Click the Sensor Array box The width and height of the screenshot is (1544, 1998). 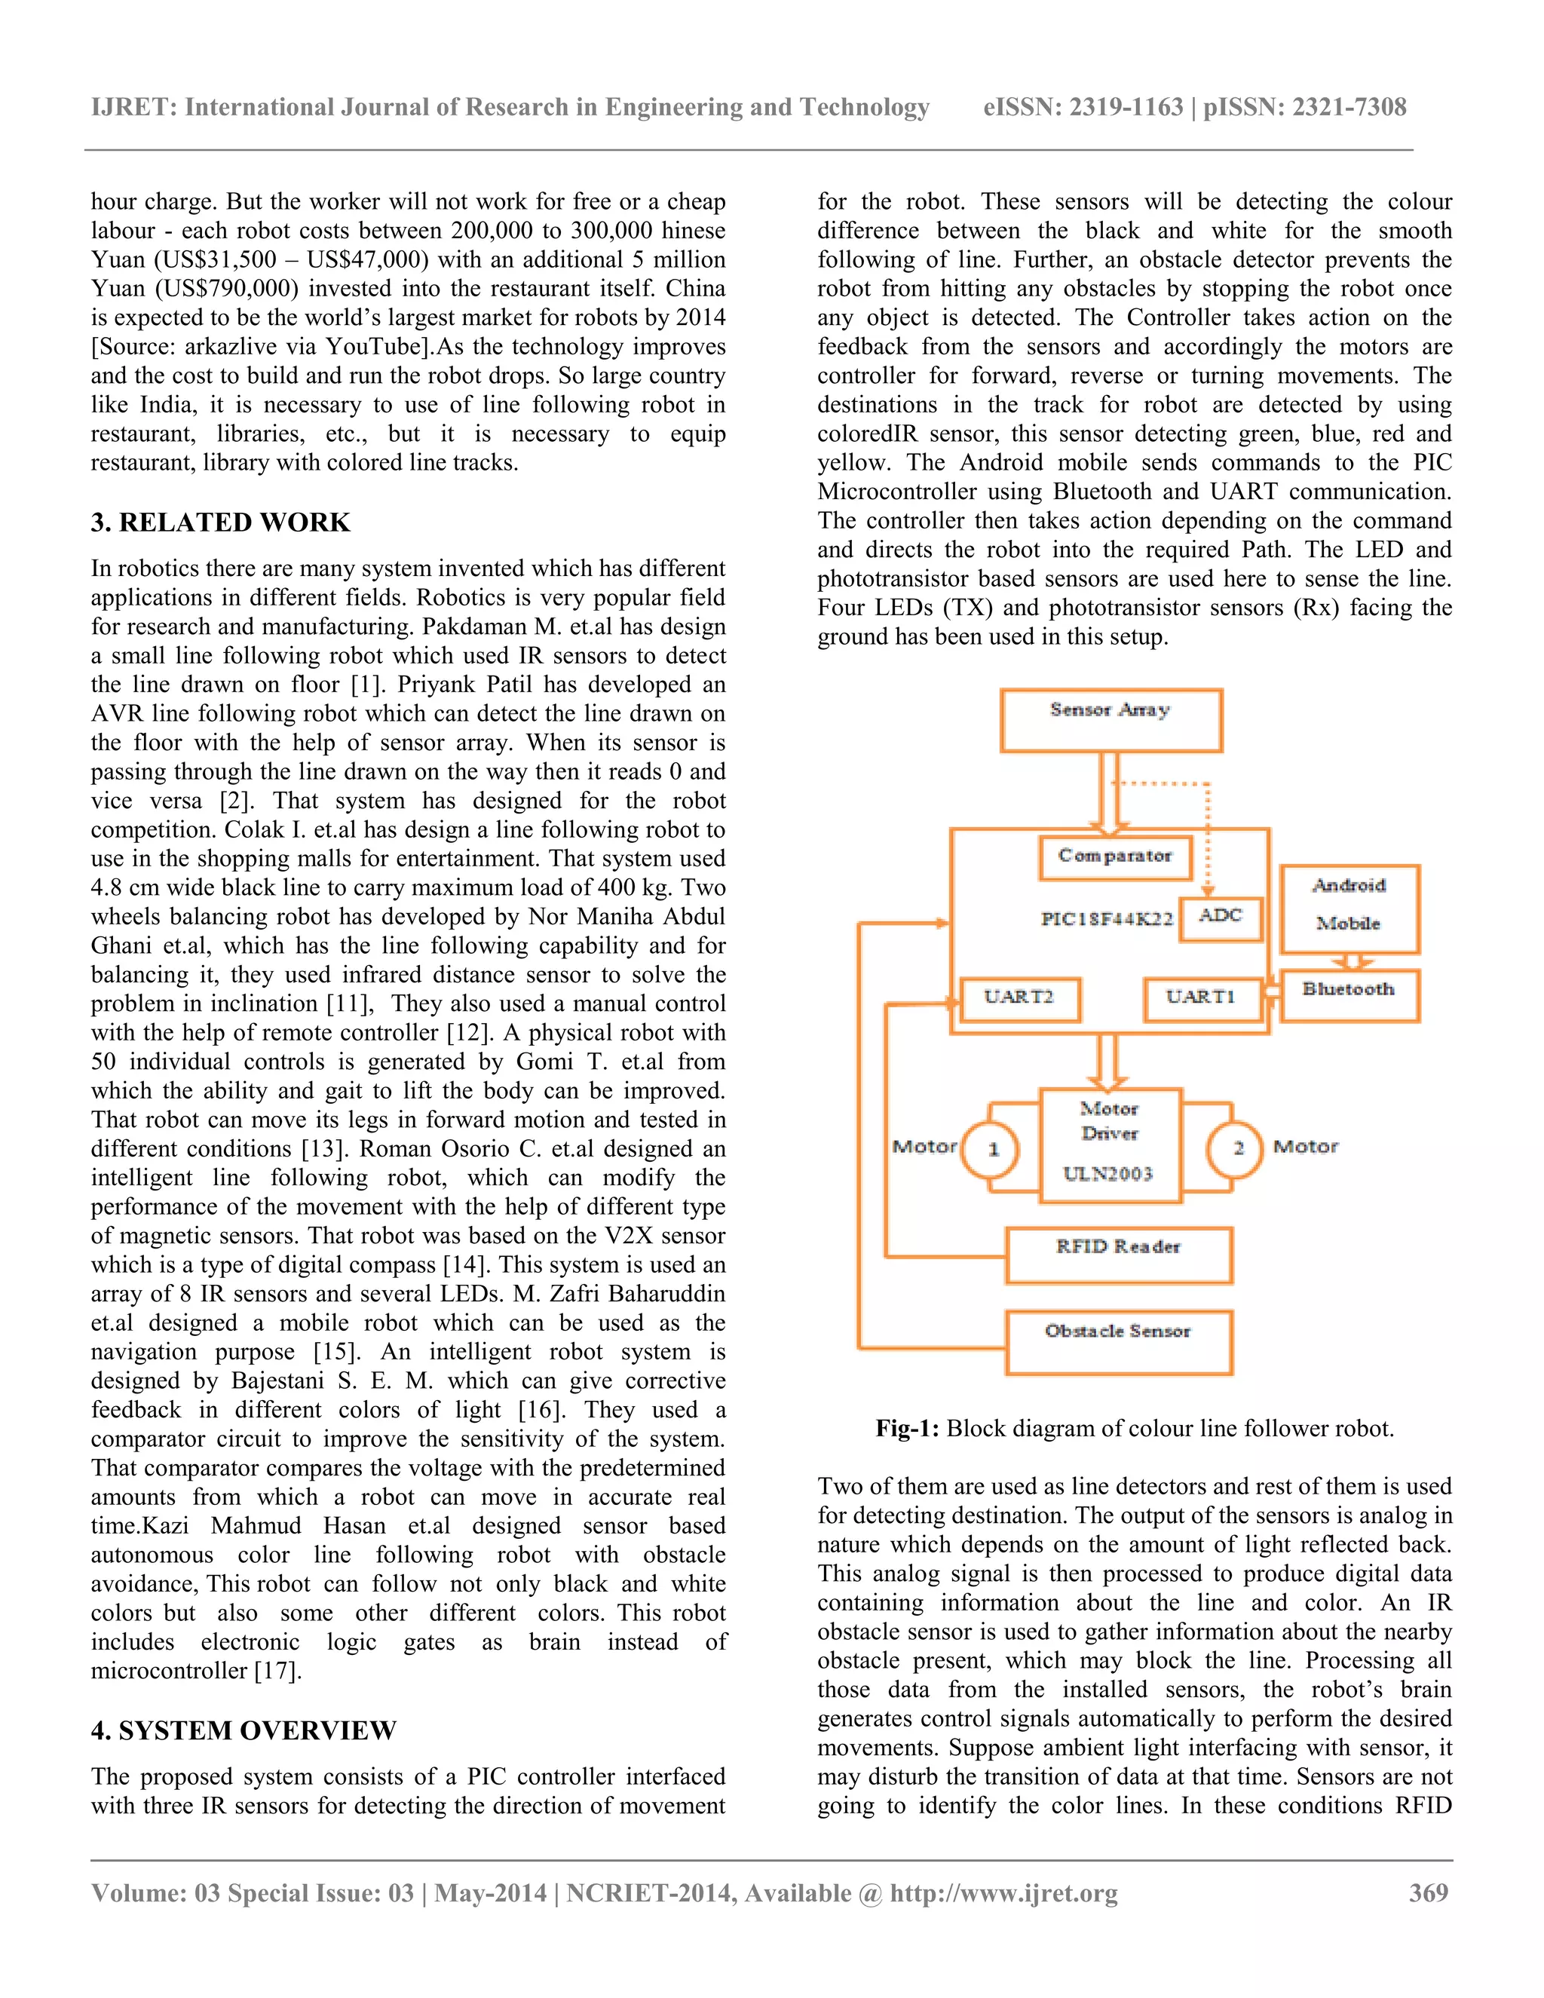pyautogui.click(x=1111, y=720)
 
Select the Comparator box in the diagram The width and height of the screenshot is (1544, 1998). pyautogui.click(x=1115, y=857)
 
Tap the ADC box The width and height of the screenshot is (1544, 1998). pyautogui.click(x=1221, y=918)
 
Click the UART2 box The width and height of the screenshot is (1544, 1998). pyautogui.click(x=1019, y=998)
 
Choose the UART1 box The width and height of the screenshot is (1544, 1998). pyautogui.click(x=1201, y=998)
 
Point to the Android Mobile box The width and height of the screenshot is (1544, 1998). pyautogui.click(x=1349, y=908)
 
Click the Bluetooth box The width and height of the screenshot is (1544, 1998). pyautogui.click(x=1349, y=994)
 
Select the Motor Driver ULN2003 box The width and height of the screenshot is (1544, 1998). pyautogui.click(x=1111, y=1144)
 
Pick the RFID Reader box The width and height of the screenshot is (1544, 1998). pyautogui.click(x=1119, y=1255)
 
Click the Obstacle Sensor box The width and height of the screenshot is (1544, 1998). pyautogui.click(x=1119, y=1341)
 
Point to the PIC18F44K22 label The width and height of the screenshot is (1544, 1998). pyautogui.click(x=1107, y=918)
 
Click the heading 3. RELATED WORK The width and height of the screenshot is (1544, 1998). pyautogui.click(x=220, y=522)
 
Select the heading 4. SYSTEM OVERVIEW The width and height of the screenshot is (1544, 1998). pyautogui.click(x=244, y=1730)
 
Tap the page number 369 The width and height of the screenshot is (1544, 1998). pyautogui.click(x=1429, y=1892)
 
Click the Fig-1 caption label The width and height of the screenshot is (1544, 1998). pyautogui.click(x=906, y=1428)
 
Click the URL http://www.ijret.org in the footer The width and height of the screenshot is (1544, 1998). pyautogui.click(x=1003, y=1892)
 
